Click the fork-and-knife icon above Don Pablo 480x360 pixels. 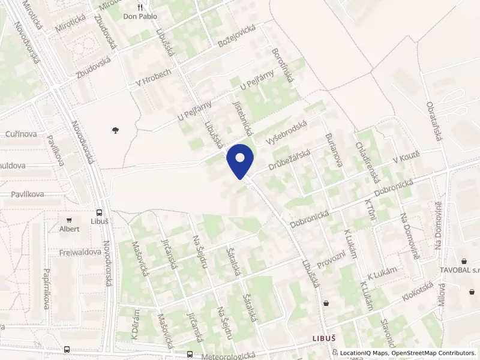coord(140,7)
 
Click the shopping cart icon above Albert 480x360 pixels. coord(70,221)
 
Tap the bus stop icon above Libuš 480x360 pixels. coord(98,212)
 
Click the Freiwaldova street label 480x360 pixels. coord(80,253)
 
